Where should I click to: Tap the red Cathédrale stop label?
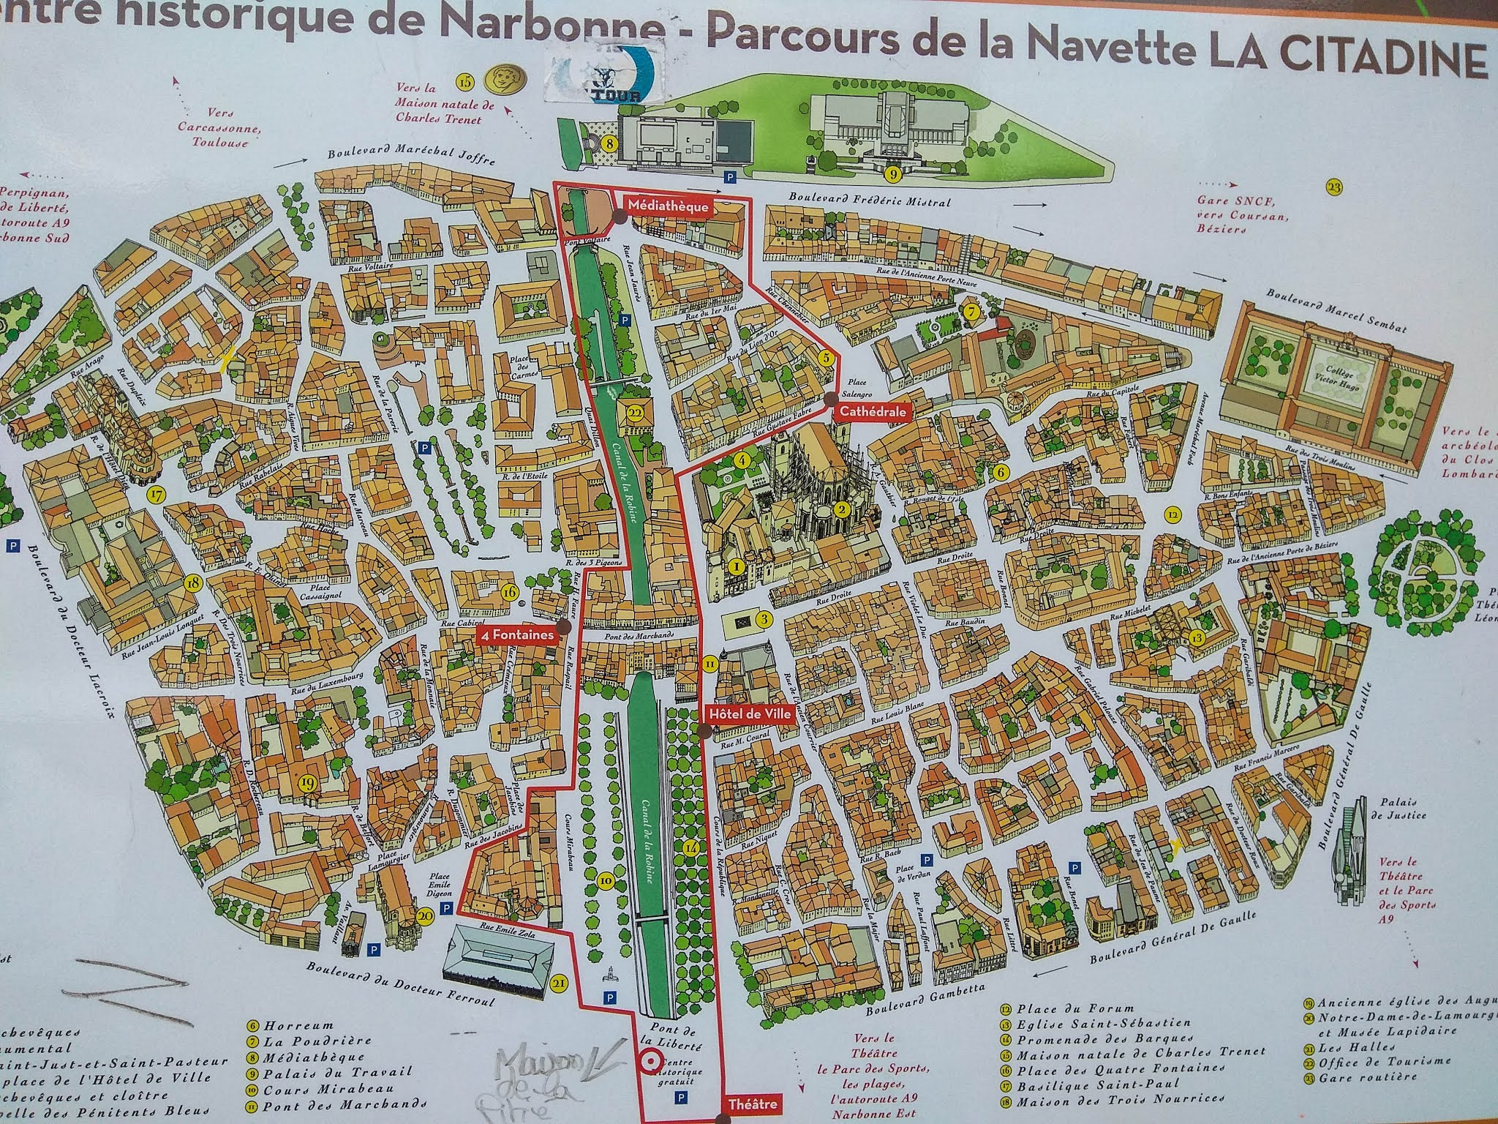(x=873, y=412)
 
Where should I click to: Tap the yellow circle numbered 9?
(x=892, y=173)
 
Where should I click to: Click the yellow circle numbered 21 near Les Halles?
(x=560, y=984)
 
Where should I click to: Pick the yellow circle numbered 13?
(x=1197, y=637)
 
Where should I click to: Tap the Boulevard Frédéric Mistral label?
(x=868, y=199)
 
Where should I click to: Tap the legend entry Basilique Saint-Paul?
(x=1078, y=1084)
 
